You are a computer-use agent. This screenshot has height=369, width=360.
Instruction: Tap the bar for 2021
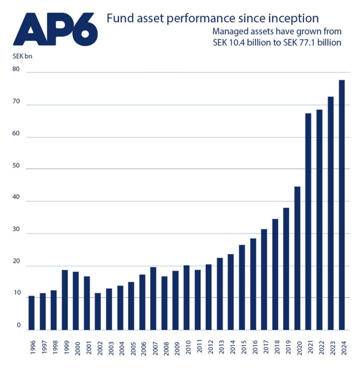click(x=309, y=221)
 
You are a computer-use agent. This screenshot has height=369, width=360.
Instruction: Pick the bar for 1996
click(x=32, y=312)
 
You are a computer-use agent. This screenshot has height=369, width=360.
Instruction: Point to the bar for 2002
click(x=98, y=311)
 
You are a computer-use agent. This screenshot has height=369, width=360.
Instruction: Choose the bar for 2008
click(x=164, y=303)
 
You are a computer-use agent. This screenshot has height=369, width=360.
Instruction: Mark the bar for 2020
click(x=297, y=258)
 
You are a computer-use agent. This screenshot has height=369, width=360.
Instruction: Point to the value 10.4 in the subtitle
click(x=240, y=43)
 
